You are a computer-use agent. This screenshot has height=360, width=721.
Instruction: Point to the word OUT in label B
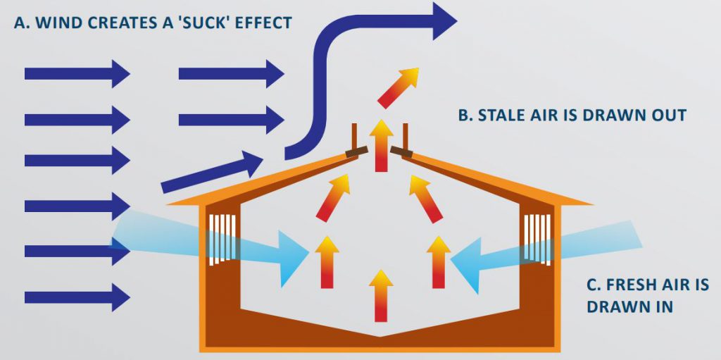coord(667,115)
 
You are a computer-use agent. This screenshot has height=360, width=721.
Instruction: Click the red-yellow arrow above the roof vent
coord(399,87)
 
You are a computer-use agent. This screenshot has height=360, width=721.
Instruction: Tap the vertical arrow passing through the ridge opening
coord(381,145)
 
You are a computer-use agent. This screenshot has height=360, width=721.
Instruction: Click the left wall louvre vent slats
coord(223,239)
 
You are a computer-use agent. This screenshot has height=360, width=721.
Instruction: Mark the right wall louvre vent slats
coord(539,238)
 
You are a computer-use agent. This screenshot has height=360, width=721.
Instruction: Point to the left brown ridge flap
coord(357,151)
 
